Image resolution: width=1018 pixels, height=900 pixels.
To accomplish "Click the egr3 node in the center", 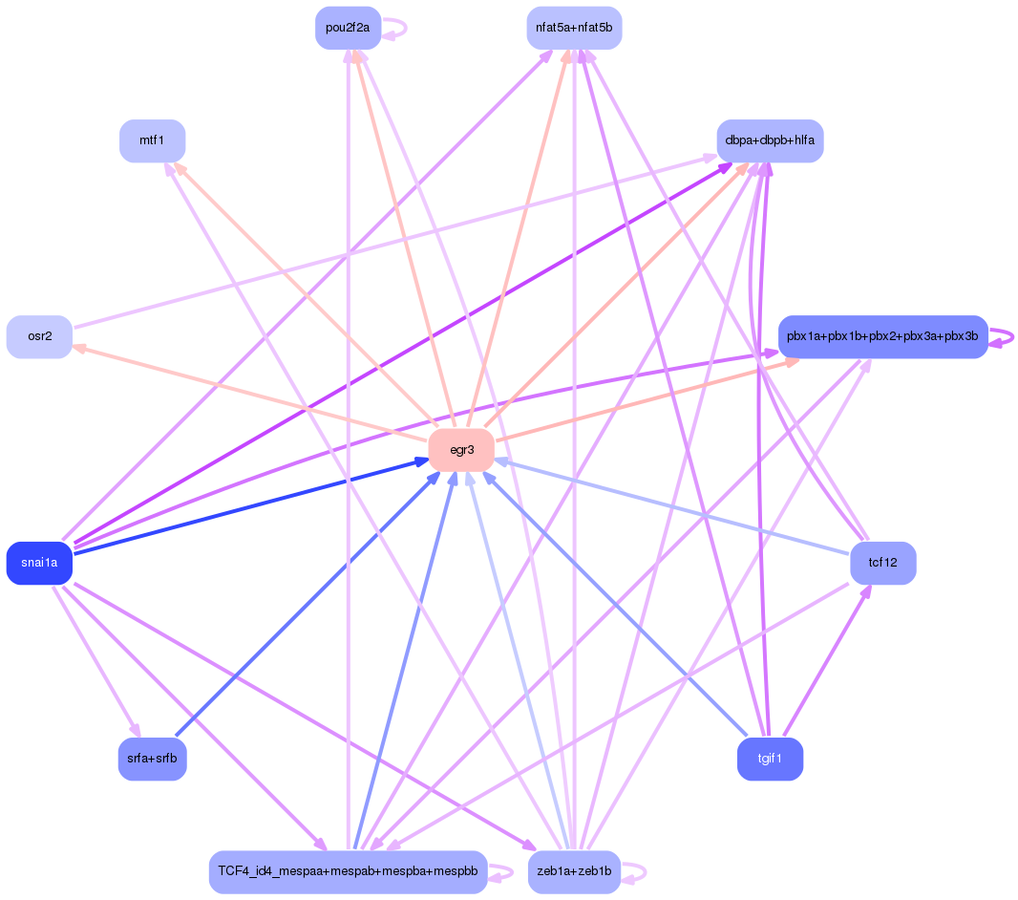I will [x=461, y=450].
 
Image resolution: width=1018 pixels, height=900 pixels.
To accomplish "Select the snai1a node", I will [x=39, y=563].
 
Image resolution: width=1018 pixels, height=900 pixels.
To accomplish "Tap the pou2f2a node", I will [x=348, y=28].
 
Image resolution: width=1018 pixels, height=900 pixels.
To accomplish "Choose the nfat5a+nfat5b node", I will [x=574, y=28].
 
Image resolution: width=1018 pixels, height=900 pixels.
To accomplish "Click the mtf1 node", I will [x=152, y=140].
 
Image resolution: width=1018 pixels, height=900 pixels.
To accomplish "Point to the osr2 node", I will [x=39, y=336].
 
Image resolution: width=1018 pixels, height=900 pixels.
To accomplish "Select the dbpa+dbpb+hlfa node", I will [x=770, y=140].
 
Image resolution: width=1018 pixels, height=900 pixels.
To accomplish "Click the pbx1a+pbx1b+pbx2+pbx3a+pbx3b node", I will [x=882, y=336].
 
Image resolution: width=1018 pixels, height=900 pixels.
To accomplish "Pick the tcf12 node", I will [x=882, y=563].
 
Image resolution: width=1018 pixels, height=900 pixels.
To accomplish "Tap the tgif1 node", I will [x=770, y=759].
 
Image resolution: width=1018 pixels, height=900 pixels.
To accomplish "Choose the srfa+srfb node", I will [x=152, y=759].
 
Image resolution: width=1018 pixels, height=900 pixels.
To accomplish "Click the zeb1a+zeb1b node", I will [x=574, y=871].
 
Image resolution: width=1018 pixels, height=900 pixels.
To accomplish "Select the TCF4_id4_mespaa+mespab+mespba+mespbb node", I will [x=348, y=871].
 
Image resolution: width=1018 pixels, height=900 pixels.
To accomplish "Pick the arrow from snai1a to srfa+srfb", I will [x=95, y=659].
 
